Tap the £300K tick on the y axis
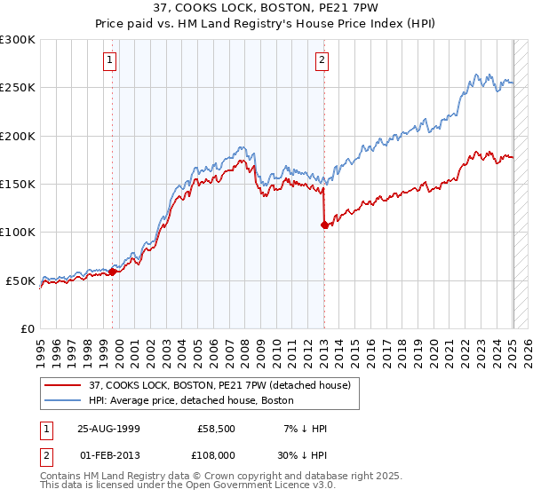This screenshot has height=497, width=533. pos(18,40)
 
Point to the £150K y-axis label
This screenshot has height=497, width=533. pos(18,184)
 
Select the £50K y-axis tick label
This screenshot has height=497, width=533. pos(21,280)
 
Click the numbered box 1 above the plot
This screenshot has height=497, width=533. pos(109,60)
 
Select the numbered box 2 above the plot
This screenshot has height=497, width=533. pos(321,60)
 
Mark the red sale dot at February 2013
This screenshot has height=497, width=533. pos(324,225)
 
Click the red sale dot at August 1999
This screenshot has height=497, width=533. pos(113,272)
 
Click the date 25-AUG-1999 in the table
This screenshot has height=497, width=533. pos(108,429)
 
